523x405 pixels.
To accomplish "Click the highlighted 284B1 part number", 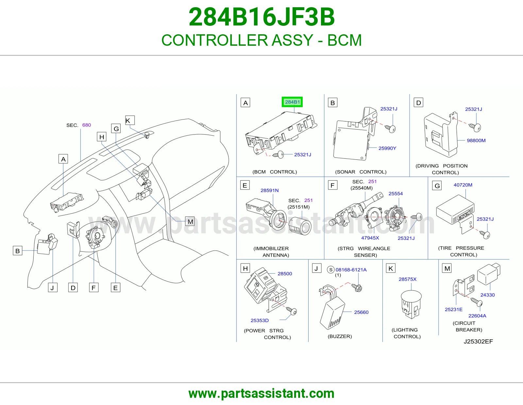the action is tap(292, 102).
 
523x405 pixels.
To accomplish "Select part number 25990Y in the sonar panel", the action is tap(387, 148).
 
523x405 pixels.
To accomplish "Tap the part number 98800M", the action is tap(476, 140).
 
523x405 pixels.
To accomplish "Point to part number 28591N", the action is tap(270, 190).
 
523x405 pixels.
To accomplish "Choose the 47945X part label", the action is tap(370, 238).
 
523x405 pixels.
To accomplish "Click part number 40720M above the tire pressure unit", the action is tap(463, 185).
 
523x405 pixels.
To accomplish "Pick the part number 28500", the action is tap(285, 274).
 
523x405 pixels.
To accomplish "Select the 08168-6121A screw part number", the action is tap(351, 270).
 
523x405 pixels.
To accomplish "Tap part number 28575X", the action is tap(408, 279).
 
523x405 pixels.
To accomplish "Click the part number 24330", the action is tap(487, 295).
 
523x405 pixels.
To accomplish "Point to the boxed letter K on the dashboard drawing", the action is tap(130, 120).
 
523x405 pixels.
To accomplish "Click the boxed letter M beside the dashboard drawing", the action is tap(190, 221).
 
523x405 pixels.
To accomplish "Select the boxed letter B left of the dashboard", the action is tap(18, 251).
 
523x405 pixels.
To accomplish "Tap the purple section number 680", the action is tap(87, 125).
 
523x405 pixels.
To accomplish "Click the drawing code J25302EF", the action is tap(478, 342).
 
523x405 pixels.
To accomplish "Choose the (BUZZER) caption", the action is tap(340, 336).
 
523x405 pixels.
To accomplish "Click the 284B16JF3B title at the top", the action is tap(261, 17).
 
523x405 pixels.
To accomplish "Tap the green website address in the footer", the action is tap(261, 394).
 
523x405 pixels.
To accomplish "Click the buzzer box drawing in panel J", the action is tap(332, 313).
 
